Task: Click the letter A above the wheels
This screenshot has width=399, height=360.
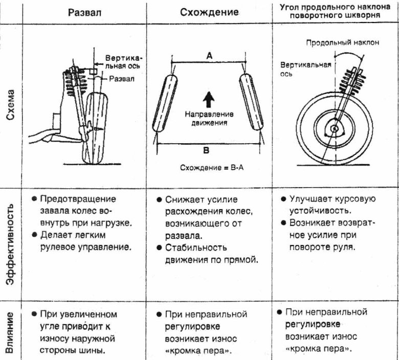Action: coord(209,56)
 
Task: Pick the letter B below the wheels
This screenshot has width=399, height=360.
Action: coord(207,150)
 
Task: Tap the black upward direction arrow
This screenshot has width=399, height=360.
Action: coord(209,98)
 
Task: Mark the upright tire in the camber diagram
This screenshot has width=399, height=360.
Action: coord(96,128)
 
